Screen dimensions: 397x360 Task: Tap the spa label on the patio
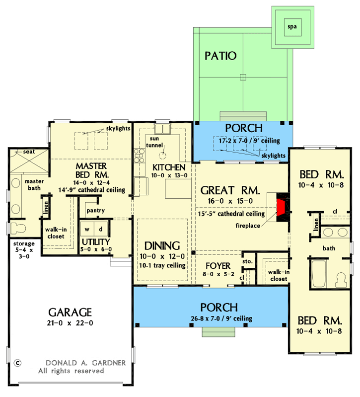click(x=292, y=27)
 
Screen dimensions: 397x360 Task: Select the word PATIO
click(x=220, y=56)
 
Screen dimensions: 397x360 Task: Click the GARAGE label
click(x=70, y=312)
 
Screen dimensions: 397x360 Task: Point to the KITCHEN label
click(x=169, y=167)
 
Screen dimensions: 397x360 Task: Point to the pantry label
click(x=95, y=211)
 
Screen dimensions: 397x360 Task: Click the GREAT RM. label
click(x=230, y=190)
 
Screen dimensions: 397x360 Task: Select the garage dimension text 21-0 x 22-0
click(x=70, y=323)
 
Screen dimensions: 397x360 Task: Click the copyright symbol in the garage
click(x=18, y=362)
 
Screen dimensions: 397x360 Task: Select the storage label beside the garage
click(x=24, y=244)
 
